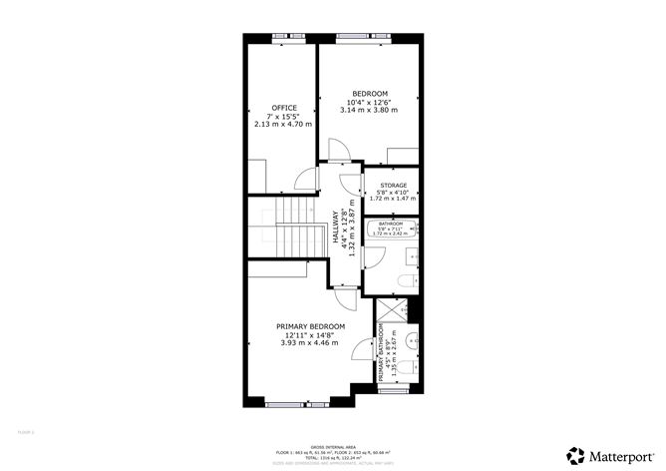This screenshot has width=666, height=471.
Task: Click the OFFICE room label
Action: pyautogui.click(x=284, y=108)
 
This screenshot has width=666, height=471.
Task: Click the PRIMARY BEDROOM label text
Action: pyautogui.click(x=310, y=326)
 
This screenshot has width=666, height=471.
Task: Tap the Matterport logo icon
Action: pyautogui.click(x=575, y=454)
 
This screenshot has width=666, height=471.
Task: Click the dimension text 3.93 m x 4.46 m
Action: pyautogui.click(x=310, y=344)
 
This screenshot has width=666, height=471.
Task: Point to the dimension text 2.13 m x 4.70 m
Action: pyautogui.click(x=284, y=125)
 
